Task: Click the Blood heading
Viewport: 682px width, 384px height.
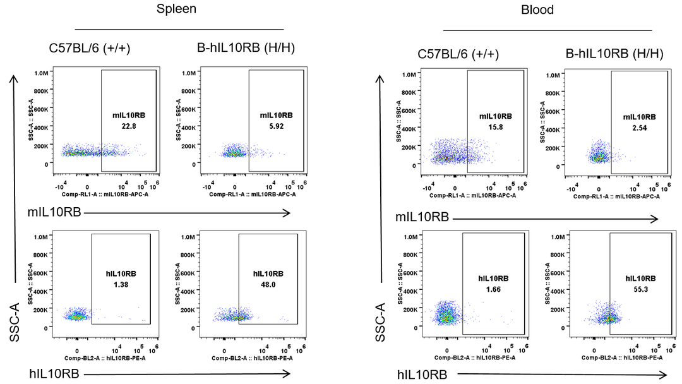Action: pos(537,9)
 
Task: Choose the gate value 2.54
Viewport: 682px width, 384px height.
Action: pos(639,128)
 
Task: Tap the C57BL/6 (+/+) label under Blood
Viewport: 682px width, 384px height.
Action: pos(458,54)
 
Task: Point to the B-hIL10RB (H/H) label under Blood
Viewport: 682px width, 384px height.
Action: pos(614,54)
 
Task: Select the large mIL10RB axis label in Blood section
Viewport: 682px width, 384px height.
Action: pos(422,217)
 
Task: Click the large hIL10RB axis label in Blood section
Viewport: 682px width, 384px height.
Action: pos(423,374)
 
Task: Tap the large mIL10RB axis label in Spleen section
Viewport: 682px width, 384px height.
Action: pos(54,212)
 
